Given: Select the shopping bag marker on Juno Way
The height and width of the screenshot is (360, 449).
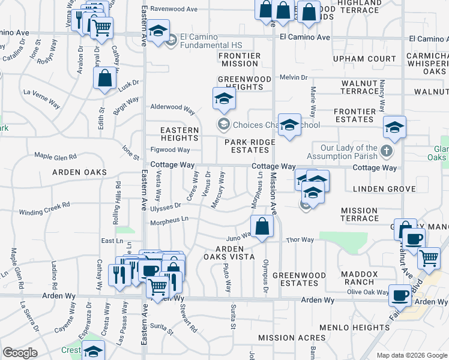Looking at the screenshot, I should (x=262, y=227).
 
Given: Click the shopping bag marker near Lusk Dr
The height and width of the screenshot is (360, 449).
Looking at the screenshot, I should (x=104, y=79).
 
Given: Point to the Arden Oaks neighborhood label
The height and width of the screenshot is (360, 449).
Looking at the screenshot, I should (x=79, y=172).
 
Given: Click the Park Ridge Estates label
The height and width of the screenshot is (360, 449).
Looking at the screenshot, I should (x=250, y=146).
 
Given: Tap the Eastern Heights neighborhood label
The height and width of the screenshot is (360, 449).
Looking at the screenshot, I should (x=179, y=134).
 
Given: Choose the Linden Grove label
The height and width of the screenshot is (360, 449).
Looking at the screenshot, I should (x=384, y=189).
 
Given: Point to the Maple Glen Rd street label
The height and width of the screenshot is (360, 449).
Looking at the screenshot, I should (x=55, y=156).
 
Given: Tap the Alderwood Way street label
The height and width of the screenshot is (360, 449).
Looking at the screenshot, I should (x=173, y=110).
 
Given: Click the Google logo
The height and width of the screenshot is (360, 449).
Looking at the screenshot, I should (x=20, y=353).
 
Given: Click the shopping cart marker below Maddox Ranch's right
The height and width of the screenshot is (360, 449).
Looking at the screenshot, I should (x=429, y=257).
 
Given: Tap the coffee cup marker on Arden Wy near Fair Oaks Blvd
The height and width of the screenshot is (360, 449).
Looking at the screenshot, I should (x=400, y=295).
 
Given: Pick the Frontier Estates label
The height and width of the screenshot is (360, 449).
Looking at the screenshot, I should (x=354, y=115).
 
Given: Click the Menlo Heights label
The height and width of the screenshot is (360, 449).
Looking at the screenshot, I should (x=354, y=328).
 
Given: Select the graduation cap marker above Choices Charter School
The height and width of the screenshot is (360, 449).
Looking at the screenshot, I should (x=223, y=98).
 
